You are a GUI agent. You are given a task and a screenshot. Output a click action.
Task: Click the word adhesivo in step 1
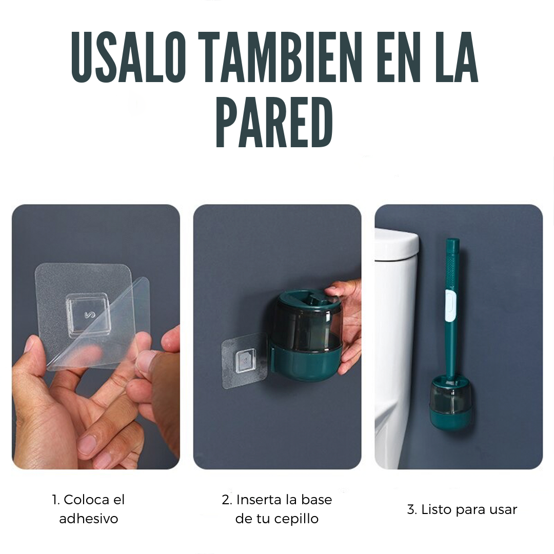[x=88, y=519]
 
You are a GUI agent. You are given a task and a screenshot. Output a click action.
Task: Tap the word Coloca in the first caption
[x=87, y=500]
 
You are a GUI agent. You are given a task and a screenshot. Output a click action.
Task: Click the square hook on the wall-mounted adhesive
[x=246, y=361]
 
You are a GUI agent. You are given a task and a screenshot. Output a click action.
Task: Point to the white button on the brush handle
[x=449, y=306]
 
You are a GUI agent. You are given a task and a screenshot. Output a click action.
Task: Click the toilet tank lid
[x=397, y=244]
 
